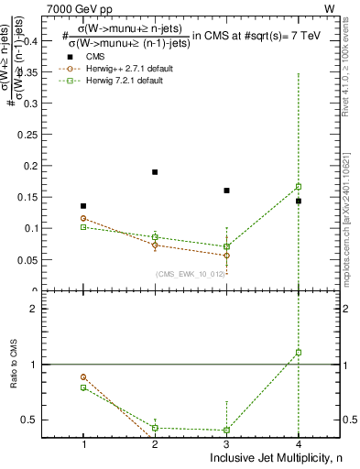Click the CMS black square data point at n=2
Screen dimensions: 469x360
pyautogui.click(x=155, y=172)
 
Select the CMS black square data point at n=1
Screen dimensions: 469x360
pyautogui.click(x=83, y=206)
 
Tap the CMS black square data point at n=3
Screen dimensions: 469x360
pyautogui.click(x=226, y=191)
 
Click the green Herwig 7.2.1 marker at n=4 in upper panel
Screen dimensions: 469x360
pyautogui.click(x=299, y=187)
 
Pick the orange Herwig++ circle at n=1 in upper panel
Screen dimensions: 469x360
pyautogui.click(x=83, y=218)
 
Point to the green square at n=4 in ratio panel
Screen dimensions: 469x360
pyautogui.click(x=299, y=352)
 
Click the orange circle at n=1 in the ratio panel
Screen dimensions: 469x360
pyautogui.click(x=83, y=376)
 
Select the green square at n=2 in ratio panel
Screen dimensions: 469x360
pyautogui.click(x=155, y=428)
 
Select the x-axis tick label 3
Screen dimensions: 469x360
pyautogui.click(x=226, y=444)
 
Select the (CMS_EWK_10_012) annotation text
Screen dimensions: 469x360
pyautogui.click(x=187, y=273)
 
